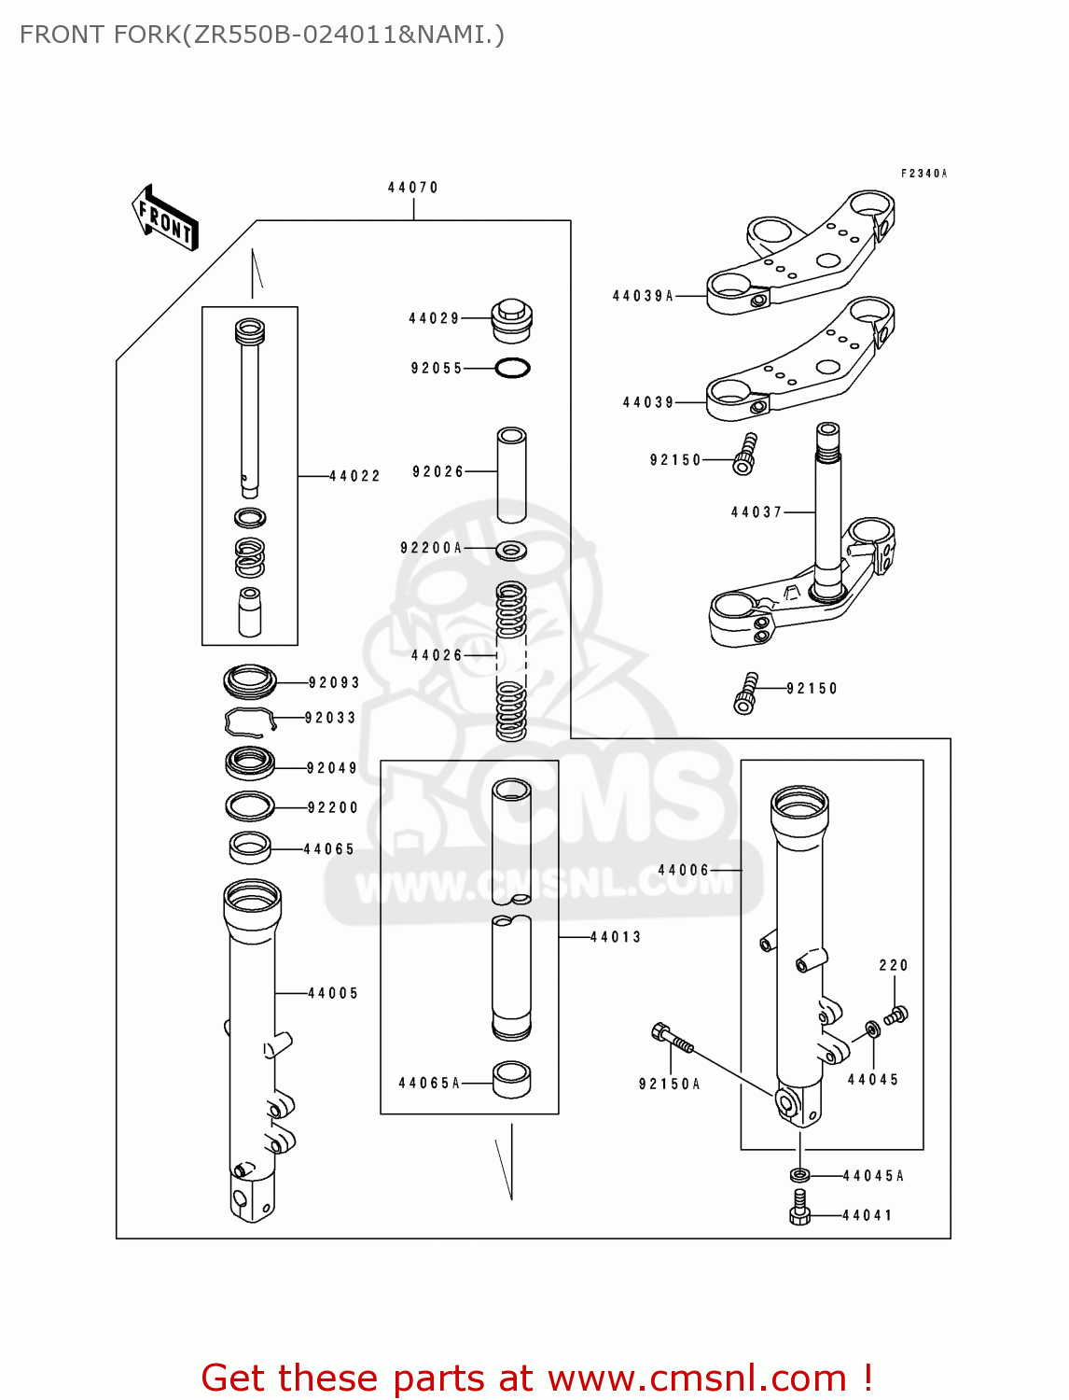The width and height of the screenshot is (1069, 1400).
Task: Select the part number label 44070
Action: [x=413, y=188]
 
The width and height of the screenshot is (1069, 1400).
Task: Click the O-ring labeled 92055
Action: [x=512, y=369]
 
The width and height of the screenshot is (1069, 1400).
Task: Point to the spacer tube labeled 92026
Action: [x=511, y=474]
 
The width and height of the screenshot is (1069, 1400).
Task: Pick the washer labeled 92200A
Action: [x=510, y=550]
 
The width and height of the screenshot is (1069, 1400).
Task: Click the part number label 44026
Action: [x=437, y=656]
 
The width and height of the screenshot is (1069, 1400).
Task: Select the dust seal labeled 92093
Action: [x=250, y=681]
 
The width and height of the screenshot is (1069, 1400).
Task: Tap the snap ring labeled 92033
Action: [x=249, y=720]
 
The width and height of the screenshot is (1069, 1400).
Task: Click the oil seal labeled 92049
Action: [x=250, y=763]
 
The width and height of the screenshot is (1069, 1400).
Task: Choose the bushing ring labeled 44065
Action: [x=250, y=847]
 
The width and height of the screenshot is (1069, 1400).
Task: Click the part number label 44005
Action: [x=333, y=994]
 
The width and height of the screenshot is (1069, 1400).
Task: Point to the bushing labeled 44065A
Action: [x=511, y=1079]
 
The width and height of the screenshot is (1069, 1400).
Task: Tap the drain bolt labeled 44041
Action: [x=799, y=1207]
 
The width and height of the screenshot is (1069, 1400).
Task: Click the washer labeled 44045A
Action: [x=799, y=1175]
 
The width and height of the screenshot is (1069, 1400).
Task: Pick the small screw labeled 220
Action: [x=896, y=1014]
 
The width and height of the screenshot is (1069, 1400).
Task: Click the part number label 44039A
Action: [x=643, y=297]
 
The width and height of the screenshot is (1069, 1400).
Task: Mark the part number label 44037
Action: [x=757, y=512]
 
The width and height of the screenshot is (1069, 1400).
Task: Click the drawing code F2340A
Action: [x=923, y=174]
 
